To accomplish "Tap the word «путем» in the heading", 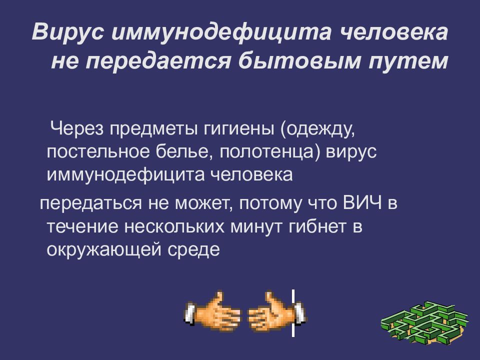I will (410, 61).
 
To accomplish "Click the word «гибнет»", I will (319, 226).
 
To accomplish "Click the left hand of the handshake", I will (212, 314).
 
